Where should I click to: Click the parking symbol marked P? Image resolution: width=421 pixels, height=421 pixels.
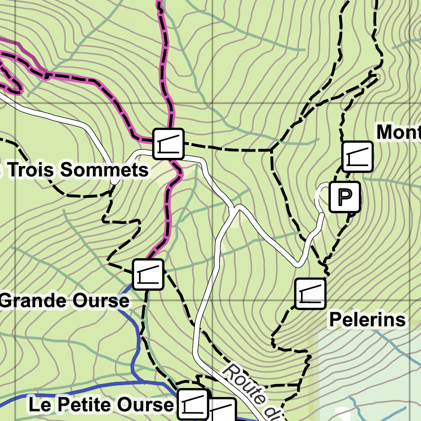tap(345, 197)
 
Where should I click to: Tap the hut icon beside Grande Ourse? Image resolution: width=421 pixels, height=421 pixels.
tap(148, 274)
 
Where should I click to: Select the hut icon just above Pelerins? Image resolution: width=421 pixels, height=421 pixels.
tap(310, 294)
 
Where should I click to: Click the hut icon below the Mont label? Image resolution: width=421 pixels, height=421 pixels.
tap(357, 157)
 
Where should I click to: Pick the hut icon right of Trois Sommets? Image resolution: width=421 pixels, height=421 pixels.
tap(168, 144)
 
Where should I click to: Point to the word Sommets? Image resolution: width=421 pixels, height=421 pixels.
tap(104, 170)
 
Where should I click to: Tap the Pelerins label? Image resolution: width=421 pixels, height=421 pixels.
tap(367, 320)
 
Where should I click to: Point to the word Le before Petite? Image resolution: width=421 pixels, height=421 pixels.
tap(39, 405)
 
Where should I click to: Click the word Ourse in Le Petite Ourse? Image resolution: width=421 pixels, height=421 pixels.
tap(150, 405)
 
